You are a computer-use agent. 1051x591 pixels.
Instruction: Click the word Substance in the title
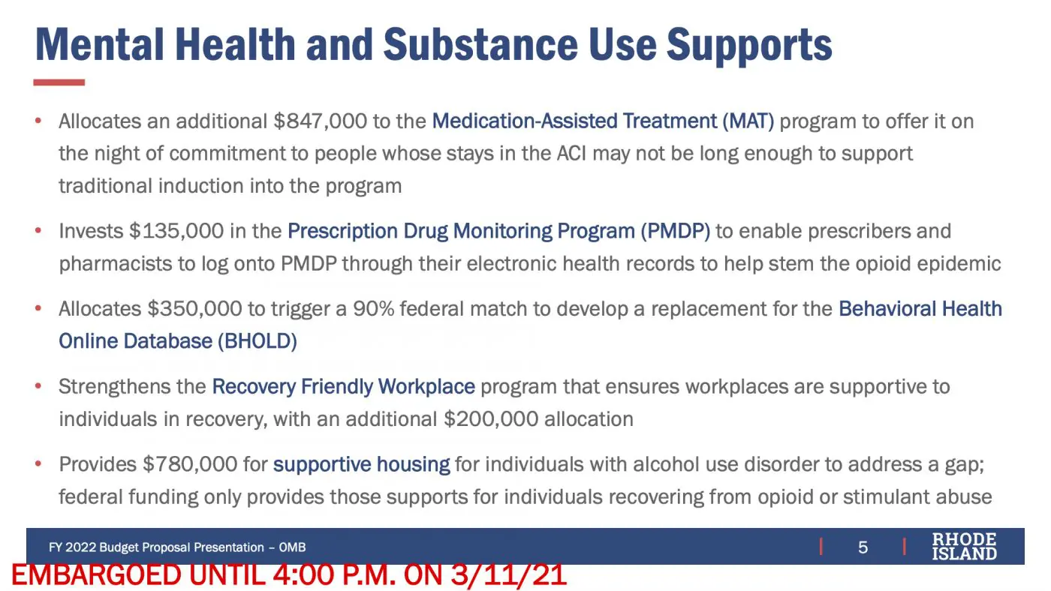coord(480,44)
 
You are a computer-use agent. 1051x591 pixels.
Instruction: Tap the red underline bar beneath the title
coord(59,82)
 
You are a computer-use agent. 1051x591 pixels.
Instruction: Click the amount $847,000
coord(320,121)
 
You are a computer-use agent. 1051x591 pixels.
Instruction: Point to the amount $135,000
coord(176,231)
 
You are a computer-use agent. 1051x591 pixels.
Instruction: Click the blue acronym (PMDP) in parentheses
coord(675,231)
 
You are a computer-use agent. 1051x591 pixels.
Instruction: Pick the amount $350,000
coord(194,309)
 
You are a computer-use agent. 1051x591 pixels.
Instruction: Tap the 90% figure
coord(374,309)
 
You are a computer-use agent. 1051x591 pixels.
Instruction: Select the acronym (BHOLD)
coord(257,341)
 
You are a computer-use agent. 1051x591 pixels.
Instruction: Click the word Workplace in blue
coord(426,387)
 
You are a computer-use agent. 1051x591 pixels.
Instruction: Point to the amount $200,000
coord(491,419)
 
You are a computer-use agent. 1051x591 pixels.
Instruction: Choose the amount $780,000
coord(190,464)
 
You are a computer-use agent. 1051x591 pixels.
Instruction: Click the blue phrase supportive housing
coord(361,465)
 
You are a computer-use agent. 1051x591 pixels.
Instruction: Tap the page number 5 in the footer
coord(863,547)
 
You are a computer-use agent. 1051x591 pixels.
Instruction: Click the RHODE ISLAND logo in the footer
coord(964,547)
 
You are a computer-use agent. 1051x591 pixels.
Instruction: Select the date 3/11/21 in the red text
coord(509,575)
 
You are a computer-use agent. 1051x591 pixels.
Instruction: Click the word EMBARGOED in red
coord(96,575)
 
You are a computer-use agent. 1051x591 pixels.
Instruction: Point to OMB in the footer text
coord(292,547)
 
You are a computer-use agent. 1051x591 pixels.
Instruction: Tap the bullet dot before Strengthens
coord(38,386)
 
